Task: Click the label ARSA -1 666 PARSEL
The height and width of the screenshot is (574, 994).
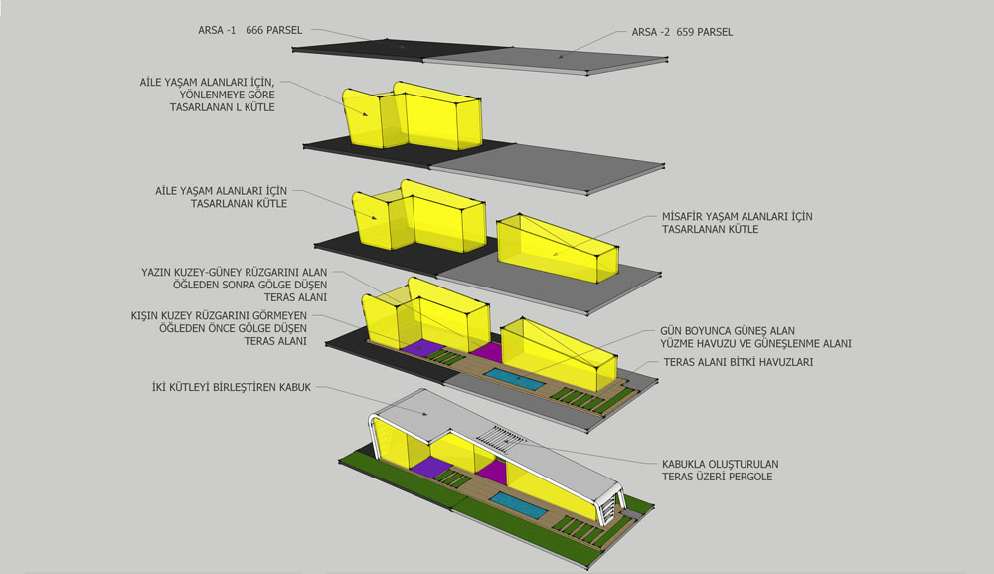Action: [249, 30]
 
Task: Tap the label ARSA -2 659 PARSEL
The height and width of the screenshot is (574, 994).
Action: [682, 32]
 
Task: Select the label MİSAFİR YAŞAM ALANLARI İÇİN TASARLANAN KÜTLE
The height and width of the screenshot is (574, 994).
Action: [738, 223]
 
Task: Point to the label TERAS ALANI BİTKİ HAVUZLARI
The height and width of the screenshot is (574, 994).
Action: [738, 362]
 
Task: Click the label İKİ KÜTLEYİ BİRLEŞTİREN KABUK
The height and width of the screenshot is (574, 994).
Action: [232, 387]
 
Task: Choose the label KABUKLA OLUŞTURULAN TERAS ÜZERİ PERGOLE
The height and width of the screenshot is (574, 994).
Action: [720, 470]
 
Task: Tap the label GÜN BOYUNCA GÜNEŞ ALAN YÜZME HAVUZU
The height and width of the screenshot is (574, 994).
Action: [728, 337]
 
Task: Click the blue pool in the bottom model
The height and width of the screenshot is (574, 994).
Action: [518, 505]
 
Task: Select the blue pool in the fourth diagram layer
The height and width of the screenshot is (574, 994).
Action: [514, 379]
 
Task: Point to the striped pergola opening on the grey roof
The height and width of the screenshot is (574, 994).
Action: [501, 438]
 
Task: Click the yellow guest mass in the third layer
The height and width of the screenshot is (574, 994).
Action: [557, 249]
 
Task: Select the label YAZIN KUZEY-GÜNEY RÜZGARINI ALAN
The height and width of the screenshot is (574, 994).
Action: [234, 273]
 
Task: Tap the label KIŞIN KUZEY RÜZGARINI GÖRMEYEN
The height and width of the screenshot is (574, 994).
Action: [219, 316]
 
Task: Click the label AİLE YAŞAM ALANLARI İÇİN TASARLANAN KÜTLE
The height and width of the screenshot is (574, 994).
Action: [222, 197]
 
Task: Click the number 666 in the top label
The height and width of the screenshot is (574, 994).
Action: [254, 30]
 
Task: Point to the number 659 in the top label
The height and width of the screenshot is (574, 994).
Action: [685, 32]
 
